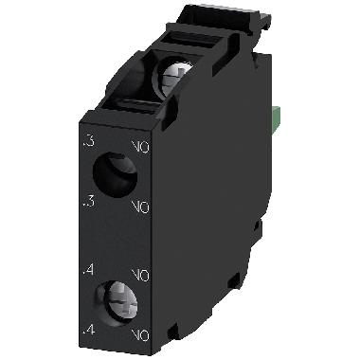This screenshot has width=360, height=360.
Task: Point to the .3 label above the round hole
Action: pyautogui.click(x=88, y=143)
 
